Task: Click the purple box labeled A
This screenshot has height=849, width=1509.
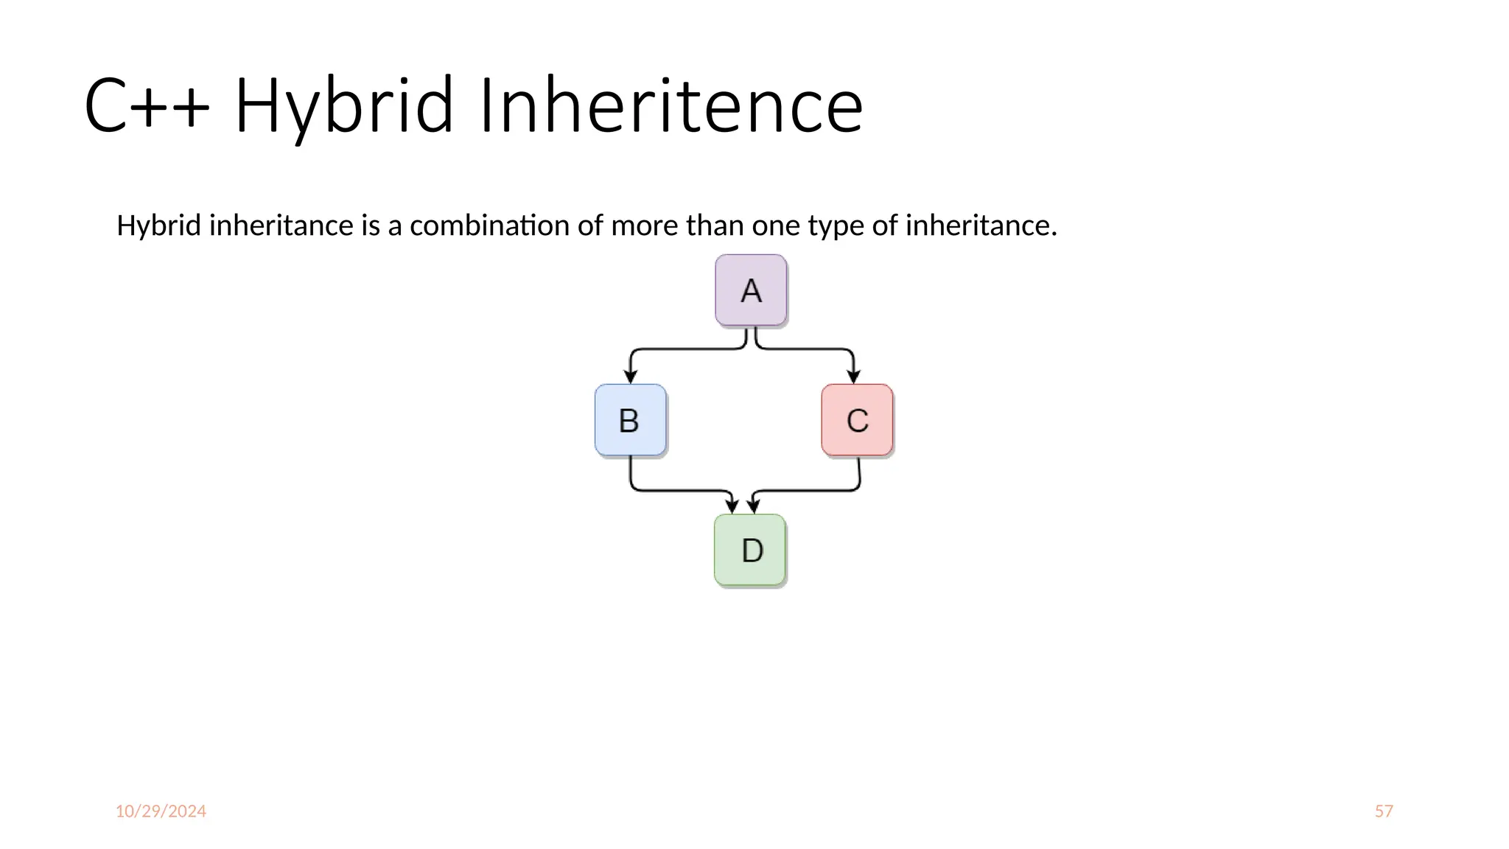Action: click(x=751, y=290)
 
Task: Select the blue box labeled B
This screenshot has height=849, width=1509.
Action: click(x=630, y=420)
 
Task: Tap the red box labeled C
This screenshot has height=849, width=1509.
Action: click(x=857, y=420)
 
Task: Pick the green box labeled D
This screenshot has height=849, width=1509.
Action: click(x=750, y=550)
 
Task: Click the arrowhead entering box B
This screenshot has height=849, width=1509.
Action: click(x=630, y=376)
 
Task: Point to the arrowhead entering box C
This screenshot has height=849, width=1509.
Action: click(x=854, y=376)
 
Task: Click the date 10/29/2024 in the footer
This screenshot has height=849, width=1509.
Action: click(x=161, y=811)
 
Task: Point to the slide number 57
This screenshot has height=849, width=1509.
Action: click(x=1384, y=811)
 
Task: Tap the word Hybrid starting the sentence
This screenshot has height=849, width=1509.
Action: click(x=158, y=226)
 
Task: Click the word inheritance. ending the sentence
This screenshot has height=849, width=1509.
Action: click(x=981, y=226)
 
